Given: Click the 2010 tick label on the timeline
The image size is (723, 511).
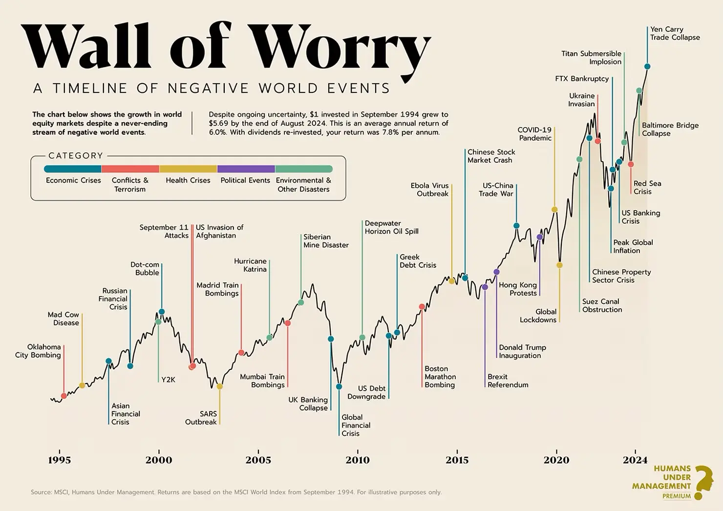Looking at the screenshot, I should coord(358,460).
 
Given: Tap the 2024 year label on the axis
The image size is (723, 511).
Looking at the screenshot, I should coord(635,460).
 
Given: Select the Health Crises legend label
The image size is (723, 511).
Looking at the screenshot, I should coord(188,180).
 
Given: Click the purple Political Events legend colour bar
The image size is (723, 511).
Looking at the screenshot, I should coord(246,169).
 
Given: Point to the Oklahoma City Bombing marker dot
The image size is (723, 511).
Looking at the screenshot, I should coord(64,396).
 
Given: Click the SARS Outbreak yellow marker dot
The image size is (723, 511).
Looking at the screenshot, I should coord(219,386).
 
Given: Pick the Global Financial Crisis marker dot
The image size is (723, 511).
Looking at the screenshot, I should coord(339,386).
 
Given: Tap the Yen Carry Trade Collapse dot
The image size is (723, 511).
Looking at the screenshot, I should coord(647,66).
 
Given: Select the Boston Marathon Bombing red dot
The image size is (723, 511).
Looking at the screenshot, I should coord(422,307).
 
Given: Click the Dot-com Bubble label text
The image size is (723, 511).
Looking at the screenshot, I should coord(145,269).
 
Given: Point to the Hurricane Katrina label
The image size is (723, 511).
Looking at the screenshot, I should coord(250,265).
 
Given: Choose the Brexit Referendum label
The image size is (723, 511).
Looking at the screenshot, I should coord(508,381).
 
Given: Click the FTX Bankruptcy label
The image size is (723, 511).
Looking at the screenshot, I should coord(582,79).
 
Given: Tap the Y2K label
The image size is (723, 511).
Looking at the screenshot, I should coord(168,380).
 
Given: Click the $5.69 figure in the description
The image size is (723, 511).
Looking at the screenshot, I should coord(219,123).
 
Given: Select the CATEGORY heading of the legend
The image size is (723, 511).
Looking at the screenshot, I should coord(76,156).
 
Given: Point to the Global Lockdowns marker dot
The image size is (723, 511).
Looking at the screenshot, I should coord(559,265).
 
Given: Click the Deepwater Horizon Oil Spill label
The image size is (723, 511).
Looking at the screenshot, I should coord(391,227).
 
